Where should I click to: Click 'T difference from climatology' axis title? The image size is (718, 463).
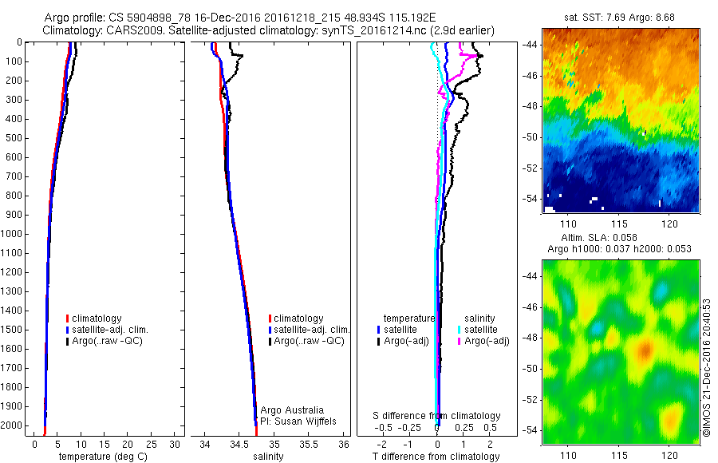pyautogui.click(x=436, y=457)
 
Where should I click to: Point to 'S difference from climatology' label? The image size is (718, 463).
pyautogui.click(x=436, y=416)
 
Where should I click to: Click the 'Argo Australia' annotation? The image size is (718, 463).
pyautogui.click(x=292, y=410)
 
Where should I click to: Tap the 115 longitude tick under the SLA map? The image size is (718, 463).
pyautogui.click(x=620, y=455)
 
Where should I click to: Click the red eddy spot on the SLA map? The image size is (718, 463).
pyautogui.click(x=645, y=349)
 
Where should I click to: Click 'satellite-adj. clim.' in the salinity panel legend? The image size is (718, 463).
pyautogui.click(x=313, y=330)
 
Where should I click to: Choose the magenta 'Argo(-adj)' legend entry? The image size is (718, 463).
pyautogui.click(x=487, y=341)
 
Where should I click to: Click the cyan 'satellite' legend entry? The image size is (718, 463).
pyautogui.click(x=482, y=329)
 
